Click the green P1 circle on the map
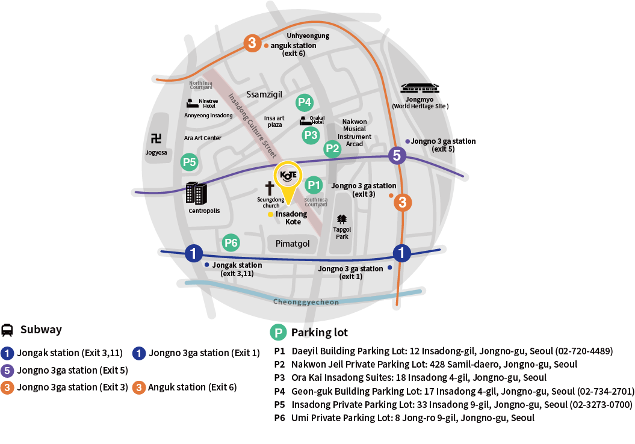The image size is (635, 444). coord(314,185)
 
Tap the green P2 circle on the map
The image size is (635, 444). coord(332,149)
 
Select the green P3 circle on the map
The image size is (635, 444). coord(311,135)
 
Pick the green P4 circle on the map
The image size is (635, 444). coord(305,102)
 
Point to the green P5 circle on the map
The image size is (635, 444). coord(190,162)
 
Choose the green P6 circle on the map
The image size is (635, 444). coord(231,243)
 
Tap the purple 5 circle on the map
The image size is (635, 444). coord(397,155)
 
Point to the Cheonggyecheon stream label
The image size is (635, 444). coord(306,301)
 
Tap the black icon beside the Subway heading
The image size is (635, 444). coord(7,330)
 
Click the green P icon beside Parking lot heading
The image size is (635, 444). coord(278,333)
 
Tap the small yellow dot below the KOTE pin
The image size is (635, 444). coord(271,214)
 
